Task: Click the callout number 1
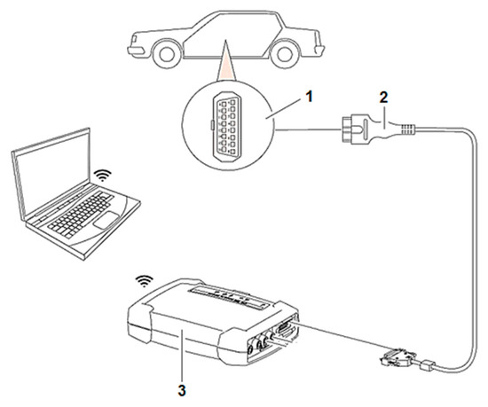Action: (308, 97)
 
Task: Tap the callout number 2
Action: (383, 98)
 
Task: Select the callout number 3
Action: (182, 388)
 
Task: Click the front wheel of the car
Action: (167, 53)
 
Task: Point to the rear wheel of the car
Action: (285, 54)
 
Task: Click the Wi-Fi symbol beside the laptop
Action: (103, 175)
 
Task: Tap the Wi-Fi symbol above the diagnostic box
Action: (144, 282)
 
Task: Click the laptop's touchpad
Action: (106, 221)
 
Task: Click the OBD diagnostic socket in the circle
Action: (226, 126)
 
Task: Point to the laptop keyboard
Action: (80, 214)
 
